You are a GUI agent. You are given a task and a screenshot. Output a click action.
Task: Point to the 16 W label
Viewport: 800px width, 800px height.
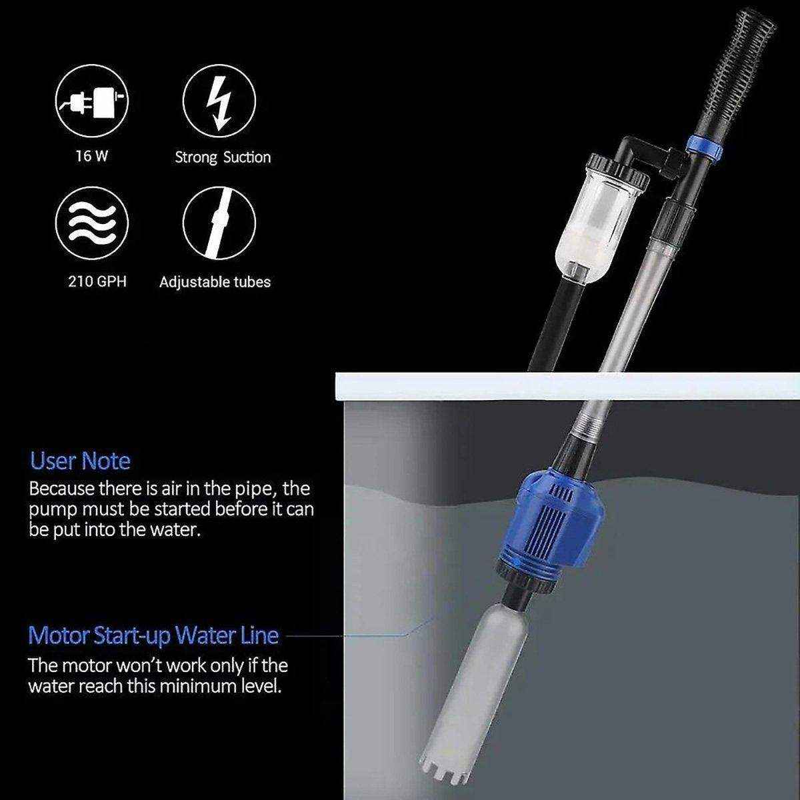click(x=92, y=157)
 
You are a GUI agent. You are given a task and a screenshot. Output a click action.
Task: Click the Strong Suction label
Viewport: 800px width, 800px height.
click(x=223, y=157)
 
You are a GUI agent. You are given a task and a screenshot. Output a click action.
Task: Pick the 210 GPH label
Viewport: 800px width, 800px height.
click(x=97, y=281)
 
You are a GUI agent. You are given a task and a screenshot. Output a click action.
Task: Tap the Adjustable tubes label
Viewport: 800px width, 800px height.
click(x=215, y=281)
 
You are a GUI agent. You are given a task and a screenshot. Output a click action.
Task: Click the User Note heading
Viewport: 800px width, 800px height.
click(x=80, y=461)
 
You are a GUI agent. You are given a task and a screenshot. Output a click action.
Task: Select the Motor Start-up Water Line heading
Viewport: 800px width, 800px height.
click(x=153, y=635)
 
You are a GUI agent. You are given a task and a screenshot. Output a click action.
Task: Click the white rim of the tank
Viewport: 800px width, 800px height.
click(x=567, y=386)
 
